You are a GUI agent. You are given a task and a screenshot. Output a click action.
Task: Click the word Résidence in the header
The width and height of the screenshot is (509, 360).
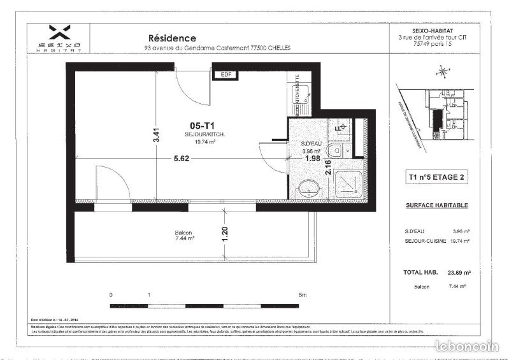pyautogui.click(x=172, y=38)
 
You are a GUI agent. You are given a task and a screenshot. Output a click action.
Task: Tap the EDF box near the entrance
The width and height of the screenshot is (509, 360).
pyautogui.click(x=225, y=75)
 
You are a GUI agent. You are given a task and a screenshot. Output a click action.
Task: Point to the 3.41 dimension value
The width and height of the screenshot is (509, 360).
pyautogui.click(x=157, y=136)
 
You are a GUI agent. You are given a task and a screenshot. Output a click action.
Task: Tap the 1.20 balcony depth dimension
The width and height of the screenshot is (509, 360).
pyautogui.click(x=224, y=236)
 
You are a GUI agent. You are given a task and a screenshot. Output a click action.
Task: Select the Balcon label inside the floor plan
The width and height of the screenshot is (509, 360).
pyautogui.click(x=183, y=233)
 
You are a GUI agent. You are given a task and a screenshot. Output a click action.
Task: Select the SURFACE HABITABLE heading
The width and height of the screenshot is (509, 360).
pyautogui.click(x=437, y=205)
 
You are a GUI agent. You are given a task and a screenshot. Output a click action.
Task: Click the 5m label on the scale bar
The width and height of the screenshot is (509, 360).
pyautogui.click(x=303, y=296)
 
